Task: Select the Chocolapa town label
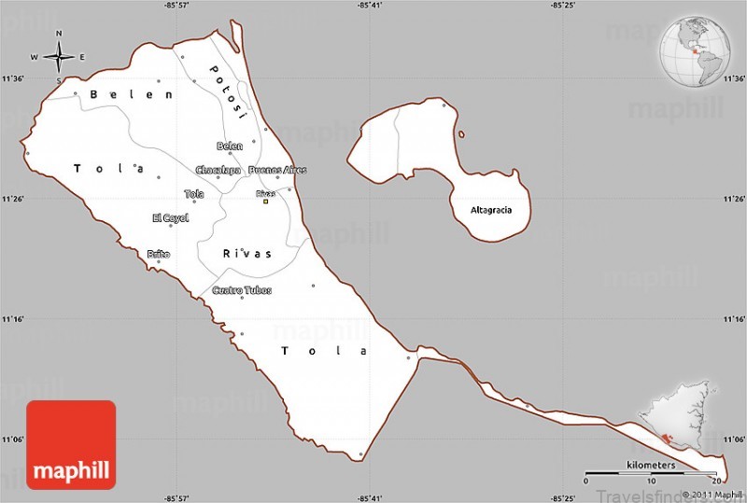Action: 218,170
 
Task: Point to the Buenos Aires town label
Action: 277,170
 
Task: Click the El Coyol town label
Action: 170,217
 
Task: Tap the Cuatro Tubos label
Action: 242,290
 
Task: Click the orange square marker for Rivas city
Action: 265,201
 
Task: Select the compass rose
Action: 59,57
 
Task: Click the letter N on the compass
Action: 59,35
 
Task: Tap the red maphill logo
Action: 71,444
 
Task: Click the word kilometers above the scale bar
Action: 651,465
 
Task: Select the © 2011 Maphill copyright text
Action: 712,495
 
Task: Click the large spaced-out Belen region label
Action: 131,94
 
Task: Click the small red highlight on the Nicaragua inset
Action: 664,438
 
